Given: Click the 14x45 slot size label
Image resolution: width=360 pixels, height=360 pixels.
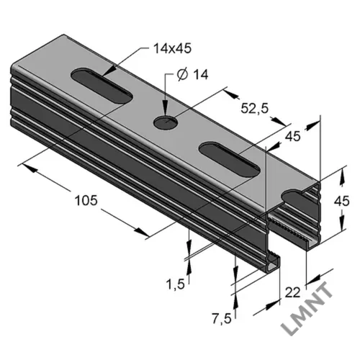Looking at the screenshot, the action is [172, 49].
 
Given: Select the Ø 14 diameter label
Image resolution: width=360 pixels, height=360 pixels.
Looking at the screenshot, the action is [192, 75].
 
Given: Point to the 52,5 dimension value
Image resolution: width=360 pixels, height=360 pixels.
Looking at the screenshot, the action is [254, 109].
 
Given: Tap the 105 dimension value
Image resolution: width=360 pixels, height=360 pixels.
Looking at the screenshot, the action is [86, 200].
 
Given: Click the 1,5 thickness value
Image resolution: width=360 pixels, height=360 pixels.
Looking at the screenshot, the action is [176, 284].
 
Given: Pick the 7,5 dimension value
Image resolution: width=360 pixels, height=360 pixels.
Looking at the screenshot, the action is [222, 319].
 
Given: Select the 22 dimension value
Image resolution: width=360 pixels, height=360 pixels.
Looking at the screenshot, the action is [292, 292].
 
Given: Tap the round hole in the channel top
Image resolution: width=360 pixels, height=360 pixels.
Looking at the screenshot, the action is [166, 122].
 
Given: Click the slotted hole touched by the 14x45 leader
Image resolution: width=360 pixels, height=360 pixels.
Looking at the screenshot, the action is [102, 86].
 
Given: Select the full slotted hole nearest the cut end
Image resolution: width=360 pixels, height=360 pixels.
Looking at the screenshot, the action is [230, 160].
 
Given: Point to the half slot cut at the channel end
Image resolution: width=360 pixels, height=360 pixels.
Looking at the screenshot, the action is [293, 195].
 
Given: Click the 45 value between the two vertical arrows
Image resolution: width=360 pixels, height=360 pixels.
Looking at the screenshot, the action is [342, 201].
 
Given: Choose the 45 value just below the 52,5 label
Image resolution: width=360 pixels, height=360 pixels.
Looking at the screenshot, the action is [292, 136].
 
